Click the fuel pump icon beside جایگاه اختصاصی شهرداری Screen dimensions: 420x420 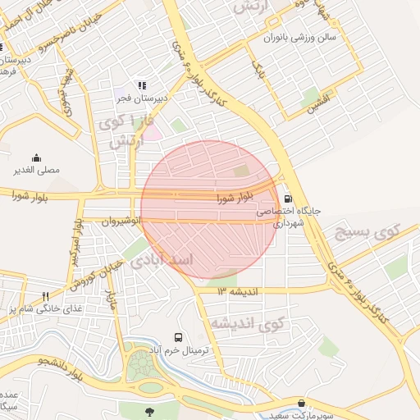click(x=288, y=198)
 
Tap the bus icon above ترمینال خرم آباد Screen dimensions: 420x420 click(x=178, y=337)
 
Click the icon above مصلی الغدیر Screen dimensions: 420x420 click(x=36, y=157)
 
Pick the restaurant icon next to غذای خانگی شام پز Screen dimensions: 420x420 click(x=46, y=296)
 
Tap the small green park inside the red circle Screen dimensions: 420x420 click(x=240, y=171)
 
